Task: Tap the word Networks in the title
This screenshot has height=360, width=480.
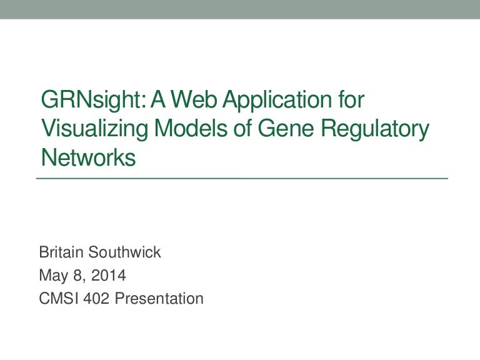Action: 87,158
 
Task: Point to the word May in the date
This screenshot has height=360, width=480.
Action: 52,276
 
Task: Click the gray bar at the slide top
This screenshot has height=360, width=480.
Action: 240,9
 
